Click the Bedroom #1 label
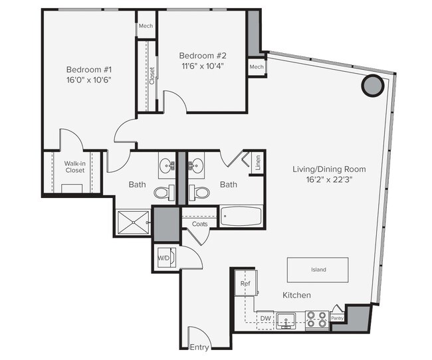(x=88, y=69)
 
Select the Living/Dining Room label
(x=329, y=169)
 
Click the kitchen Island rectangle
(x=318, y=270)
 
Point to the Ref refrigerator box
(x=244, y=284)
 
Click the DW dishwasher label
(x=265, y=319)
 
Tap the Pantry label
(x=338, y=319)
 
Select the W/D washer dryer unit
(x=164, y=257)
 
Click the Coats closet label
(x=199, y=224)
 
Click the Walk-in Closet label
(x=74, y=167)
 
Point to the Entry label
(x=199, y=347)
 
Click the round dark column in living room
(x=372, y=85)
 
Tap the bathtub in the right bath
(x=241, y=217)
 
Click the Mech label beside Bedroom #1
(x=146, y=27)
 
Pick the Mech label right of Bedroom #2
(x=257, y=67)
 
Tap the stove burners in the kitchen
(x=317, y=319)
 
